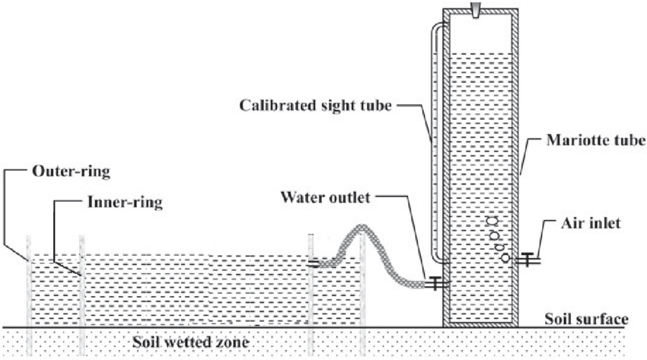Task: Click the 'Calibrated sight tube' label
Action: point(314,106)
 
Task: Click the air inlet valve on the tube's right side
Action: point(527,260)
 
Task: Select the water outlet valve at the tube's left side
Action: point(435,283)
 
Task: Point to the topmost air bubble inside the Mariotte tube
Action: point(491,221)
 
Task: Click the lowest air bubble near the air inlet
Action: point(505,257)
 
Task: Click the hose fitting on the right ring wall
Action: point(314,264)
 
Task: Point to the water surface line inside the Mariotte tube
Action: point(480,53)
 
